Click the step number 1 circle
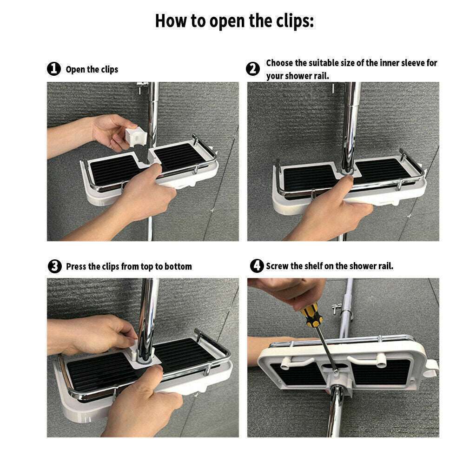pos(54,69)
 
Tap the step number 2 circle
pos(252,69)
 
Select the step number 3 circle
pos(54,266)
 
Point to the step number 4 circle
pos(257,266)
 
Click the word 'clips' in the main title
pos(291,21)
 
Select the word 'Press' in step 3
pos(76,266)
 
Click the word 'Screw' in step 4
pos(277,266)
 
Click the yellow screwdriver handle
pos(310,314)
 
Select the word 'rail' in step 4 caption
pos(385,266)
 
